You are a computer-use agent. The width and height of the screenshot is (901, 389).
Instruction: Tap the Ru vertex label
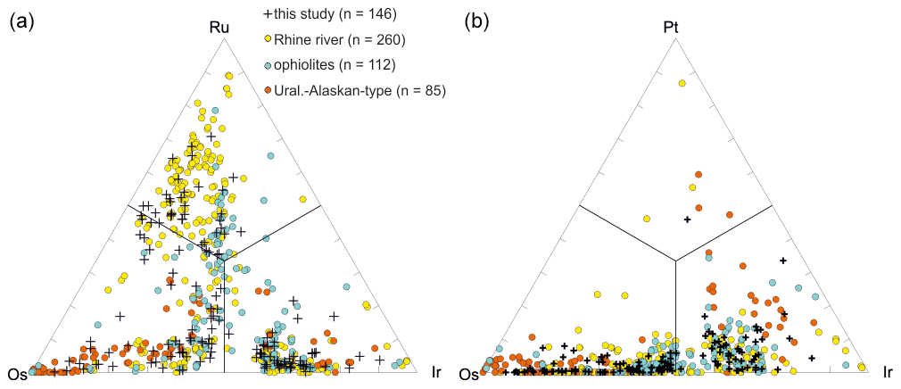click(x=219, y=29)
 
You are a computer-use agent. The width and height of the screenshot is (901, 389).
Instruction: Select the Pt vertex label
click(x=673, y=29)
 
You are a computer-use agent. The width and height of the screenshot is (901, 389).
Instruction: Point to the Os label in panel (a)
click(x=16, y=373)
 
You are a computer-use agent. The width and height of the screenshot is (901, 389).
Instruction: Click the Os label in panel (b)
click(x=470, y=373)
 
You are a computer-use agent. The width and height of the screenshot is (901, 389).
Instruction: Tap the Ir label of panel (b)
click(x=889, y=371)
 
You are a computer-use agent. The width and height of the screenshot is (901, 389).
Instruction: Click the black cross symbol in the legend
click(x=269, y=15)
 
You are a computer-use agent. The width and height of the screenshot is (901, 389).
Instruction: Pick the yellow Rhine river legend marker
click(x=269, y=40)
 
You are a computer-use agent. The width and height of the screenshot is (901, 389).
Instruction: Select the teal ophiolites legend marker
click(x=269, y=65)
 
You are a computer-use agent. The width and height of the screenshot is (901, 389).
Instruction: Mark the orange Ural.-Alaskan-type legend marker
click(x=269, y=90)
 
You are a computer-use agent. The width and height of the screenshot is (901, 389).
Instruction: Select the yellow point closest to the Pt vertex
click(x=682, y=83)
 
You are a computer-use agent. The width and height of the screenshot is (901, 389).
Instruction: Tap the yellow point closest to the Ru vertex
click(x=229, y=77)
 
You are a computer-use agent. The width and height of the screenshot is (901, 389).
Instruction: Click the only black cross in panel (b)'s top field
click(x=687, y=219)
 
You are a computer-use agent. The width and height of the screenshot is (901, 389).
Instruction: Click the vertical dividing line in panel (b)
click(x=675, y=312)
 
